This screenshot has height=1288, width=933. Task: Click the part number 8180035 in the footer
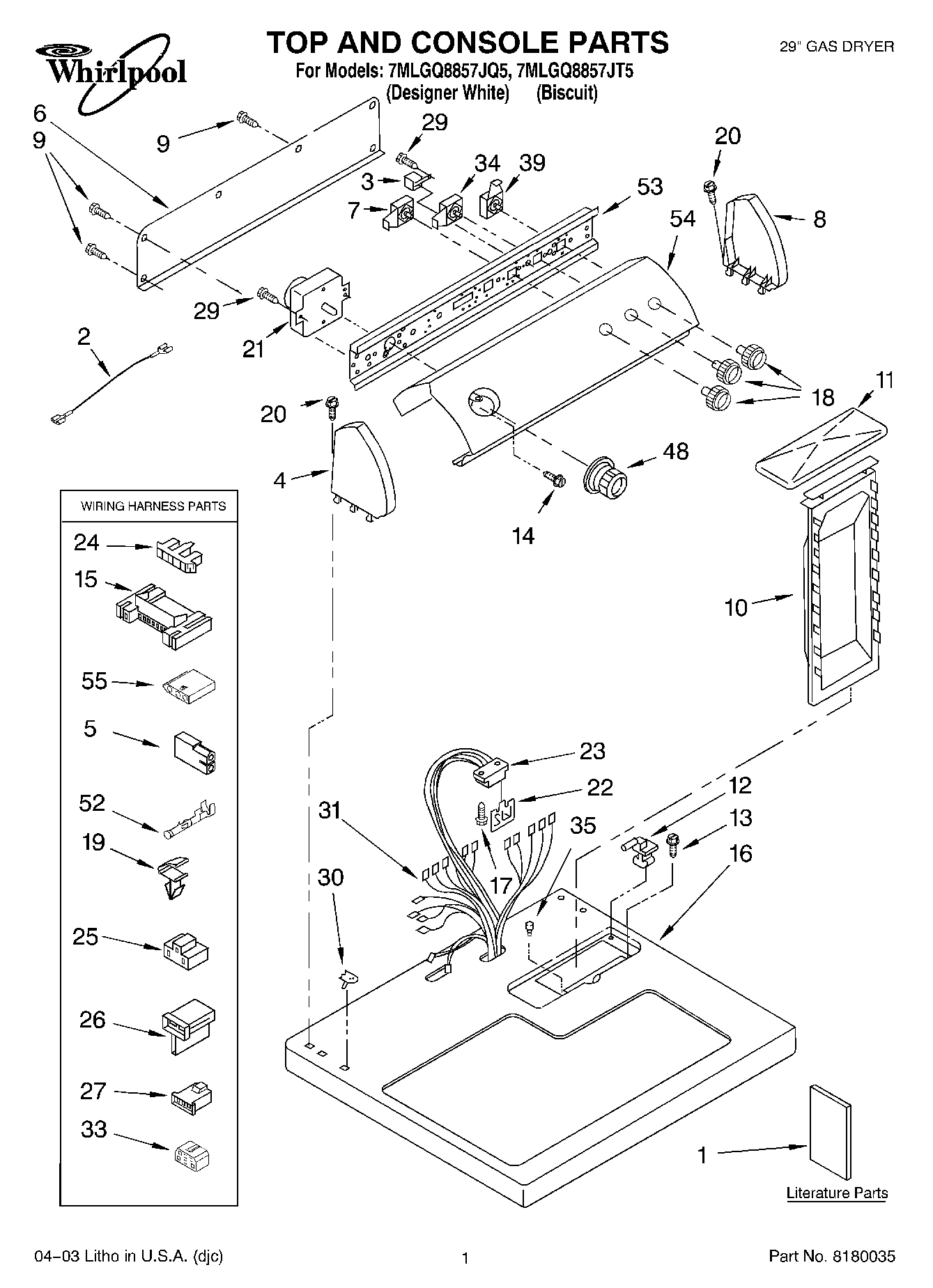[x=863, y=1256]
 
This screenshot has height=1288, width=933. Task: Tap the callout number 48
[x=674, y=451]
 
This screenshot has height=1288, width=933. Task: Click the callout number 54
[x=683, y=219]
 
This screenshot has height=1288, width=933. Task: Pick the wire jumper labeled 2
[x=109, y=383]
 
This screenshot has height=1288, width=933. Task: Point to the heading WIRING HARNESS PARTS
[x=153, y=506]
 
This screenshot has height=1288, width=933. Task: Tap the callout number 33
[x=93, y=1129]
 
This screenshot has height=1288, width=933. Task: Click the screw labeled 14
[x=555, y=479]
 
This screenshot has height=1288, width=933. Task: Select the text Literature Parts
[x=837, y=1193]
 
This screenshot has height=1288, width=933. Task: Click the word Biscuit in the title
[x=566, y=93]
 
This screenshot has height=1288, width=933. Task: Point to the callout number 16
[x=741, y=853]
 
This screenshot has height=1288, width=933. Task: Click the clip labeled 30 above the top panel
[x=347, y=979]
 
